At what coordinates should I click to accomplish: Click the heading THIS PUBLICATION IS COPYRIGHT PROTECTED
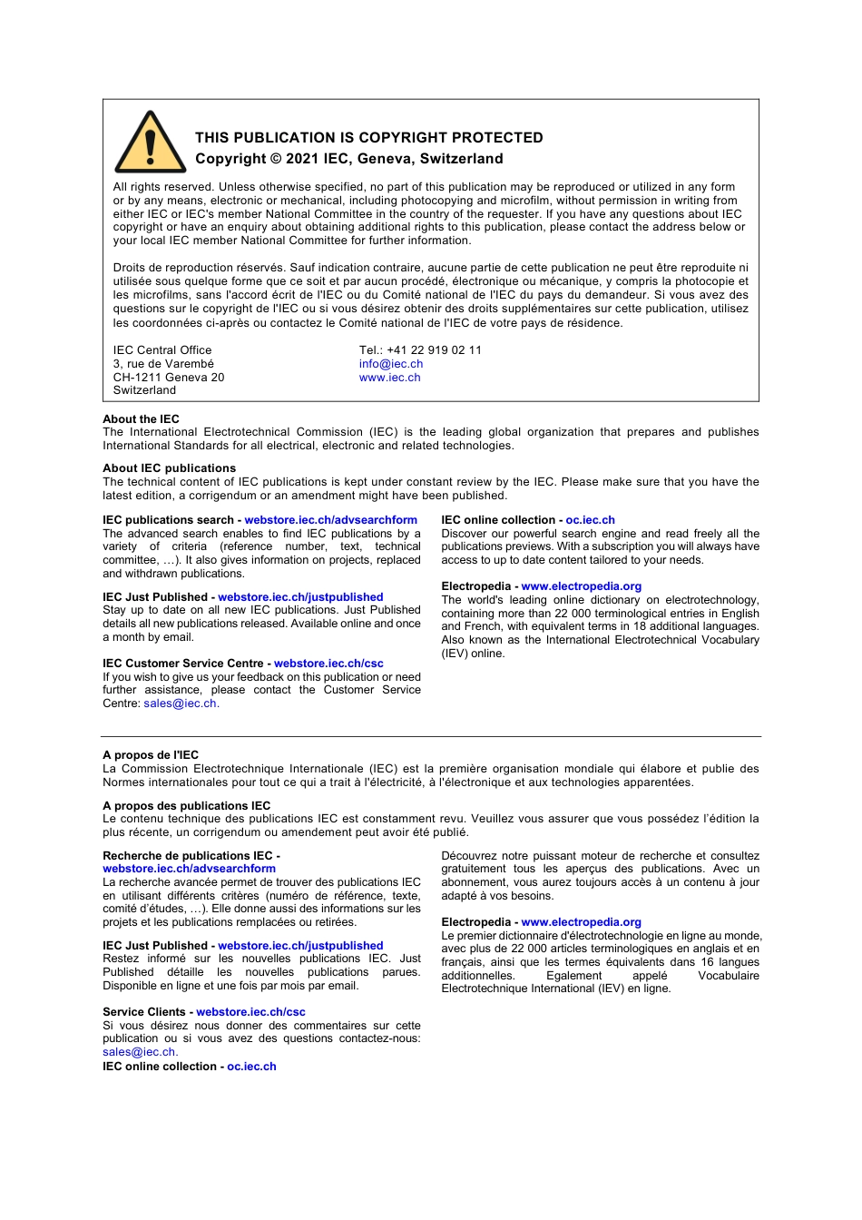click(368, 138)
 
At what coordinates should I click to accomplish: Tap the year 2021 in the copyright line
click(302, 159)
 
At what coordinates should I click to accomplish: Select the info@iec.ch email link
click(390, 364)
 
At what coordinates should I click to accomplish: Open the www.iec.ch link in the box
click(389, 378)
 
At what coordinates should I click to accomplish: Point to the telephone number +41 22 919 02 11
click(434, 350)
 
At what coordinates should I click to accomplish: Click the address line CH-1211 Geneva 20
click(168, 378)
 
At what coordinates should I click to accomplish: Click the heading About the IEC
click(141, 419)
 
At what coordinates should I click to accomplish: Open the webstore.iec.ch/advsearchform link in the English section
click(330, 520)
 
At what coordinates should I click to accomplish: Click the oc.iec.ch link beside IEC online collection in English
click(590, 520)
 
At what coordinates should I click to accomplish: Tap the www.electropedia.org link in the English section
click(581, 586)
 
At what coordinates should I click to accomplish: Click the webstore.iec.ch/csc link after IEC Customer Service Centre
click(328, 664)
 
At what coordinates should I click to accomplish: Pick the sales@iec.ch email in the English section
click(180, 703)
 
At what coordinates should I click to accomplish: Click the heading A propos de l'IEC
click(151, 755)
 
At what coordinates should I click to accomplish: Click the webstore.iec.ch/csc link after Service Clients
click(250, 1012)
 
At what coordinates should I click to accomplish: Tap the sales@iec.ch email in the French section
click(139, 1052)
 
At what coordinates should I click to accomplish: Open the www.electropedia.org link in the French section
click(581, 922)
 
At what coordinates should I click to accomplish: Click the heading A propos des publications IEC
click(186, 806)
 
